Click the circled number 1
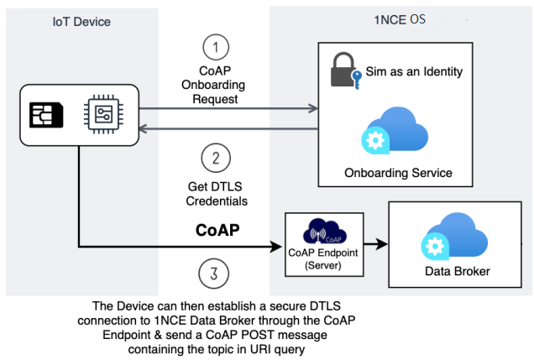click(216, 47)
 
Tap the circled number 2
click(216, 159)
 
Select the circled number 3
click(213, 274)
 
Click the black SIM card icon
click(46, 115)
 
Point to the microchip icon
click(103, 114)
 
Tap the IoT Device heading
click(81, 22)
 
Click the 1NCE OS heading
click(400, 20)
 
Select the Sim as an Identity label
click(414, 71)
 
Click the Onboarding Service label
click(398, 173)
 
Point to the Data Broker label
click(458, 271)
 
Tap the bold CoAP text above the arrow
click(217, 230)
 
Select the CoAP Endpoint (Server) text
click(323, 258)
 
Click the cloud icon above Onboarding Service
click(395, 130)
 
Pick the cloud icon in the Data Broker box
click(454, 237)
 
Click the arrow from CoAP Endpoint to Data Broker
click(375, 243)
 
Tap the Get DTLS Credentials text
click(217, 194)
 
